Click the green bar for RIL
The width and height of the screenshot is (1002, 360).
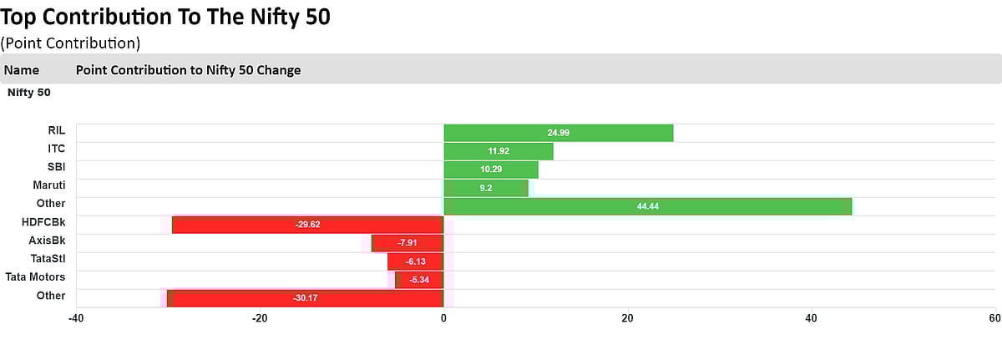[558, 133]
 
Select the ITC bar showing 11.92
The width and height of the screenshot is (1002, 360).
[498, 151]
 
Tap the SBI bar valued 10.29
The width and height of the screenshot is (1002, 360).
[490, 170]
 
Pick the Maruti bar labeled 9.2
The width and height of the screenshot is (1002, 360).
[485, 188]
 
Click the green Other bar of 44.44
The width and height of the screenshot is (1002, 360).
[647, 206]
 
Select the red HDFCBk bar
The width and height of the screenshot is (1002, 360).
[307, 225]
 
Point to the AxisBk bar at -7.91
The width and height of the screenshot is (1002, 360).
[407, 243]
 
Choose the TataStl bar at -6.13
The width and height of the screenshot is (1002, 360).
[415, 261]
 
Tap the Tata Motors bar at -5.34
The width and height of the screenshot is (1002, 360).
[419, 280]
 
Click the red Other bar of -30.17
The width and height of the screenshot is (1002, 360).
[305, 298]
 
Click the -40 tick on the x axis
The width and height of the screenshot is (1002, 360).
[76, 318]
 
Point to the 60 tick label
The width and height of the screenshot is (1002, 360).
[994, 318]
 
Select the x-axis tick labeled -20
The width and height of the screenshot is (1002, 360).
[260, 318]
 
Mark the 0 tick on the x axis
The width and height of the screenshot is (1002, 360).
[443, 318]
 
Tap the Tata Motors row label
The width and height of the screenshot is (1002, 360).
[35, 277]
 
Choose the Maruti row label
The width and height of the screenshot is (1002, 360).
[49, 185]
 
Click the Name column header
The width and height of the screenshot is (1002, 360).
[22, 70]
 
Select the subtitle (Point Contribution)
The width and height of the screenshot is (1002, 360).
[70, 43]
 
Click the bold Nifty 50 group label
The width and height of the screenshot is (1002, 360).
[28, 93]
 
